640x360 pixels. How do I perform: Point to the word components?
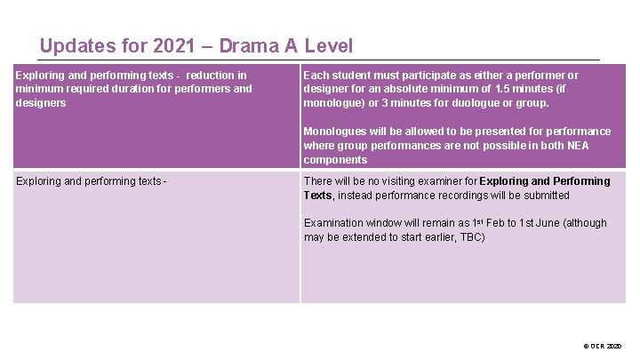click(335, 160)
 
